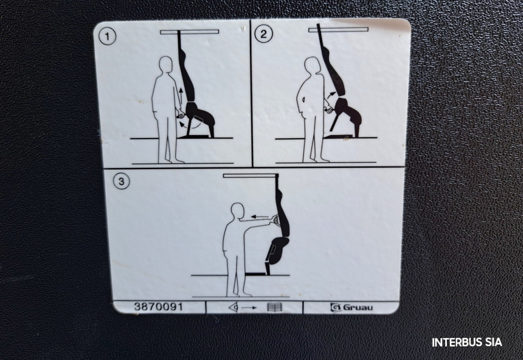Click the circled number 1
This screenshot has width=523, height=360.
click(x=108, y=36)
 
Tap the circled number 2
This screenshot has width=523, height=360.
click(x=263, y=34)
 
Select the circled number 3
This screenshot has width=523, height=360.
click(x=121, y=181)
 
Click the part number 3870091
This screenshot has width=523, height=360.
click(x=159, y=306)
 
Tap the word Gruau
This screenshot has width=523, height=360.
click(x=358, y=307)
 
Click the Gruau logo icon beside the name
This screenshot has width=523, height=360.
click(x=335, y=307)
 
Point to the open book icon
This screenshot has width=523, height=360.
click(x=274, y=307)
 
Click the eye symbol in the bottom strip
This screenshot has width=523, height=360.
click(x=234, y=307)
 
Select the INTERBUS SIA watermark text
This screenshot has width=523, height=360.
click(x=466, y=342)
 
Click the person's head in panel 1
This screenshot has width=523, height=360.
click(x=166, y=64)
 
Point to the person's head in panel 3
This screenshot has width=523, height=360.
click(x=238, y=211)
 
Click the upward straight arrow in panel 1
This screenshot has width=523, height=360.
click(x=180, y=95)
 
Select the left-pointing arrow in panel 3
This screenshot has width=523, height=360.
click(x=260, y=216)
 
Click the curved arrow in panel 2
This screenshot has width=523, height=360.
click(x=331, y=95)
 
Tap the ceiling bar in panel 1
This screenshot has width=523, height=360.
click(x=190, y=32)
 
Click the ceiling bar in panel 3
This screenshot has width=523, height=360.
click(x=251, y=176)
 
